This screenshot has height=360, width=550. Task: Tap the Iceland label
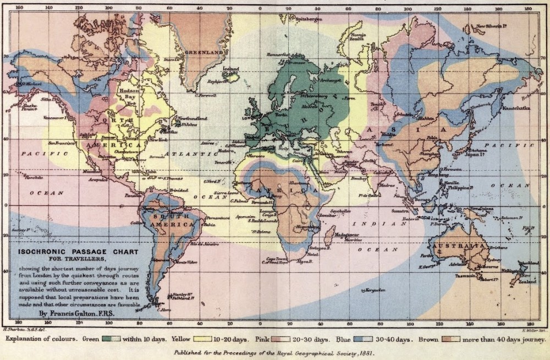[231, 69]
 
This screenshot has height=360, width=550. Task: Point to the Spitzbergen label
[308, 19]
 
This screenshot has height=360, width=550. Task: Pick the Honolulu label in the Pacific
[18, 177]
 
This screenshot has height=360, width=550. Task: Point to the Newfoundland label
[192, 118]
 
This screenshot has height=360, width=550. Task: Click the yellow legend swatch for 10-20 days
[209, 339]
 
